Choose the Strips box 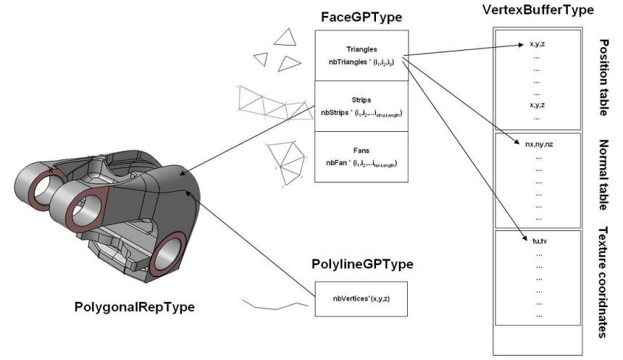pos(361,106)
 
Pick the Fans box pos(361,156)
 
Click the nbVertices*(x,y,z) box pos(361,298)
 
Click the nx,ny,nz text pos(537,144)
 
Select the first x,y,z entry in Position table pos(537,45)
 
